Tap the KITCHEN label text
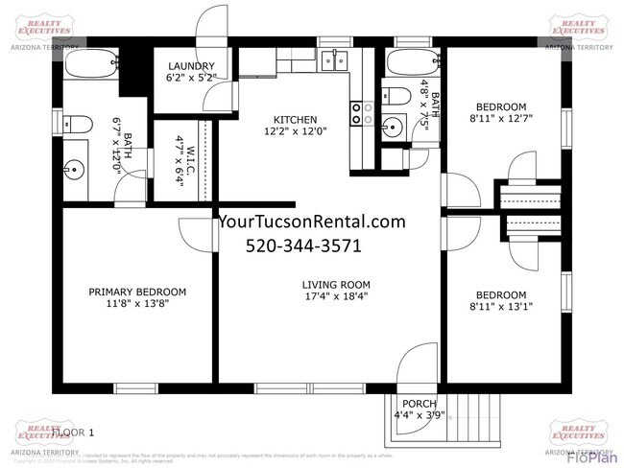295,119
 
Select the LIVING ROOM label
335,284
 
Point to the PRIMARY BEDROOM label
137,292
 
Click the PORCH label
420,403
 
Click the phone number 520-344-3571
303,246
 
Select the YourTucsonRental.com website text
313,222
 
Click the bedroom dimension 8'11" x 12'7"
500,119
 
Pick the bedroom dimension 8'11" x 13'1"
500,307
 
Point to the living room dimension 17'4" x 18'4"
335,296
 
